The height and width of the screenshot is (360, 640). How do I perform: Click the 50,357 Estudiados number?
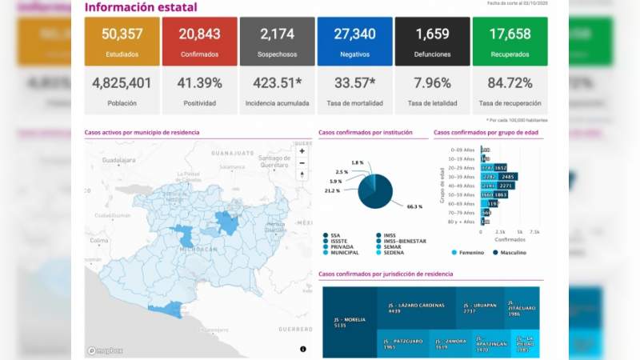pos(122,34)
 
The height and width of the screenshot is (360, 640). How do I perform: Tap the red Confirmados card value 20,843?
pos(199,34)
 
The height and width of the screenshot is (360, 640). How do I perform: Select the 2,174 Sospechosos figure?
pos(277,34)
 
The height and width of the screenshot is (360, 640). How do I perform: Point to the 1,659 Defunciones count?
pos(432,34)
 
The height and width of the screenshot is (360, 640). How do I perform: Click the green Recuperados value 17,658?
pos(510,34)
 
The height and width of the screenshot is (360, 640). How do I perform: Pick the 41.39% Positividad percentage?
pos(199,83)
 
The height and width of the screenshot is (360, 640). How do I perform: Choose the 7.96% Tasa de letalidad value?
pos(432,83)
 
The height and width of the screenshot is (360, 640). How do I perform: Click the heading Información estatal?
pos(140,8)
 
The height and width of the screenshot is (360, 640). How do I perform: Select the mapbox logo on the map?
pos(103,350)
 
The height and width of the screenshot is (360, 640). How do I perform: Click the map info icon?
pos(303,349)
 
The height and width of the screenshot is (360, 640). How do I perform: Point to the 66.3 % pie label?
pos(414,206)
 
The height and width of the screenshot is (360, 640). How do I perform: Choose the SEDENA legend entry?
pos(394,252)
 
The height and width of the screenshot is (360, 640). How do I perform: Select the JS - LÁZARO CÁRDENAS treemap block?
pos(416,309)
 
